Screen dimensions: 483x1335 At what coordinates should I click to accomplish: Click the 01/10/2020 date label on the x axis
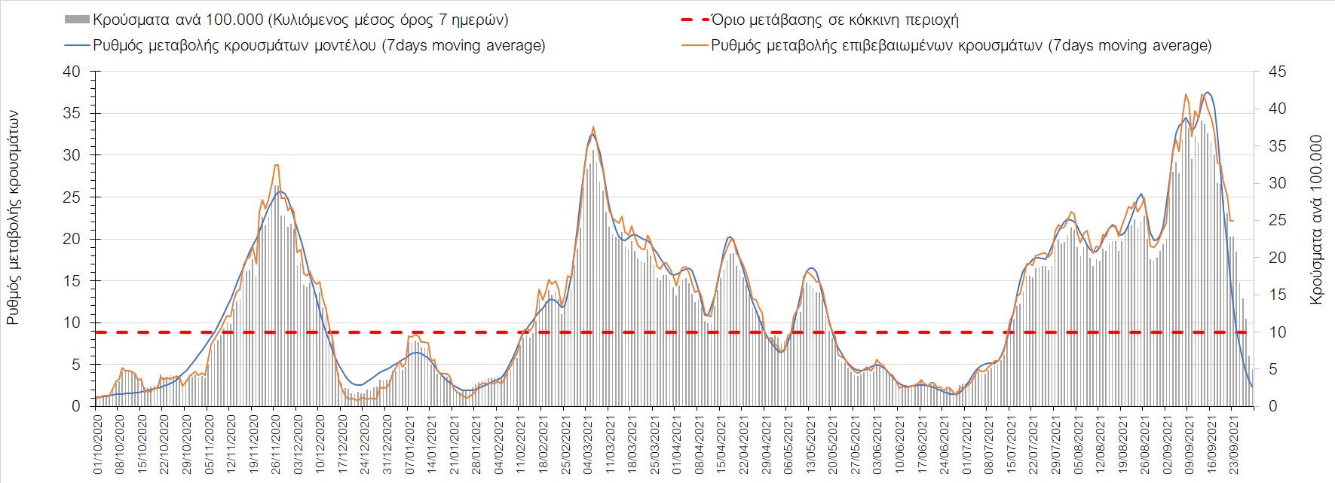coord(98,444)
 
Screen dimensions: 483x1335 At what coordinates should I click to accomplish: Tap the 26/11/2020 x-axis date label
coord(277,444)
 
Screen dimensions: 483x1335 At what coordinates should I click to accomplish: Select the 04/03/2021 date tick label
coord(589,444)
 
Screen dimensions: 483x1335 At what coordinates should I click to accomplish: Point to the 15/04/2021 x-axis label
coord(722,444)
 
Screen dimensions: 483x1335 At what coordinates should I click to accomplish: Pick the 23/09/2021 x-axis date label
coord(1234,444)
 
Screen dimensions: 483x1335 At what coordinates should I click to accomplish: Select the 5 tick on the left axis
coord(76,365)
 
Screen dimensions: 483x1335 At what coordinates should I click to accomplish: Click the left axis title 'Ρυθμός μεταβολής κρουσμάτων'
coord(13,219)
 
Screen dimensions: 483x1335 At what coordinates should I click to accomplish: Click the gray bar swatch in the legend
coord(77,20)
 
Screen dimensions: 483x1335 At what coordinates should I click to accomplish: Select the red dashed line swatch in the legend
coord(694,20)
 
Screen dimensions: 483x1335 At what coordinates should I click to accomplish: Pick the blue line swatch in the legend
coord(77,45)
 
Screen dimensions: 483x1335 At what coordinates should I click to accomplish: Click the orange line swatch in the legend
coord(694,45)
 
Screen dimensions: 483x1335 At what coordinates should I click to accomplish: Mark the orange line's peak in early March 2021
coord(593,127)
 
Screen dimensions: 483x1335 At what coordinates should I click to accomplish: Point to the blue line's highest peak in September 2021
coord(1208,92)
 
